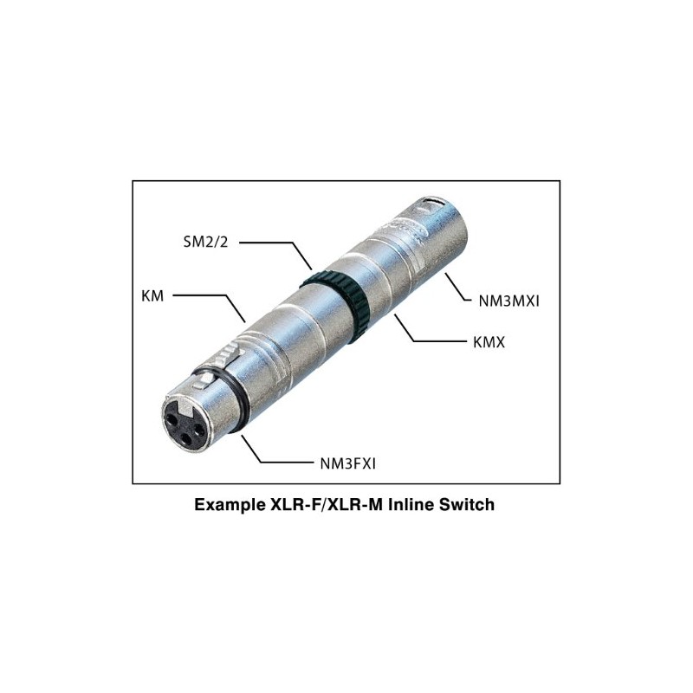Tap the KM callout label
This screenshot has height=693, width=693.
pos(152,295)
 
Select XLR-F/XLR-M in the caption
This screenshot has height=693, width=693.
pos(325,504)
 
